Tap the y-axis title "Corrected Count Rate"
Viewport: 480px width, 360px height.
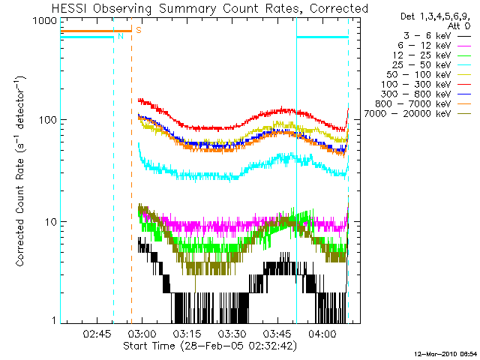(x=22, y=171)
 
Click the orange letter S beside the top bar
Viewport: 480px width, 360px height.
(x=138, y=31)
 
